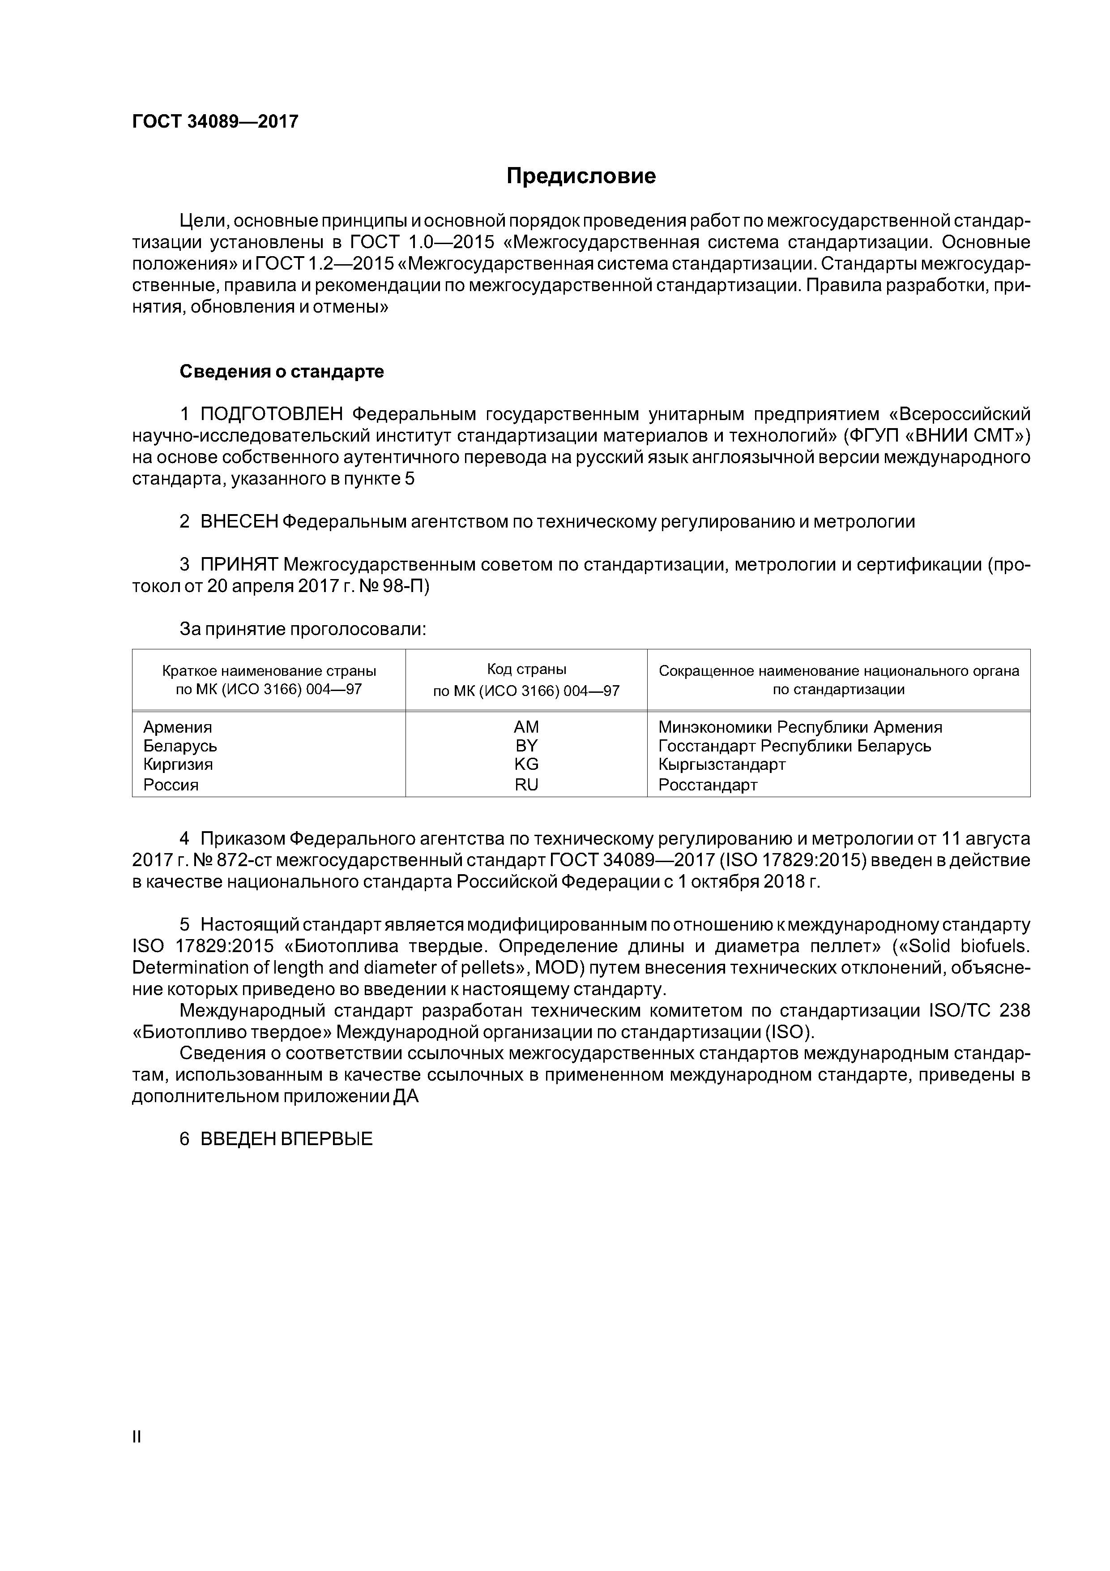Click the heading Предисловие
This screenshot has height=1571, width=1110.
(x=581, y=176)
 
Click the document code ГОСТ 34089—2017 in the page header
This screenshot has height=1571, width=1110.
(x=215, y=122)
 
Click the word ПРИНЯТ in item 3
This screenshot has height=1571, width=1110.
(x=239, y=565)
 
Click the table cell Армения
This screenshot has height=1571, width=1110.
(x=177, y=727)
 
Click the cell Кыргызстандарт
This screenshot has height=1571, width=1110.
(x=721, y=764)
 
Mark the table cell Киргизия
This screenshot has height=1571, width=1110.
(x=178, y=764)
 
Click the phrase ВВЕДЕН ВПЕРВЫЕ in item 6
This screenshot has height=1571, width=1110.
(x=286, y=1140)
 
